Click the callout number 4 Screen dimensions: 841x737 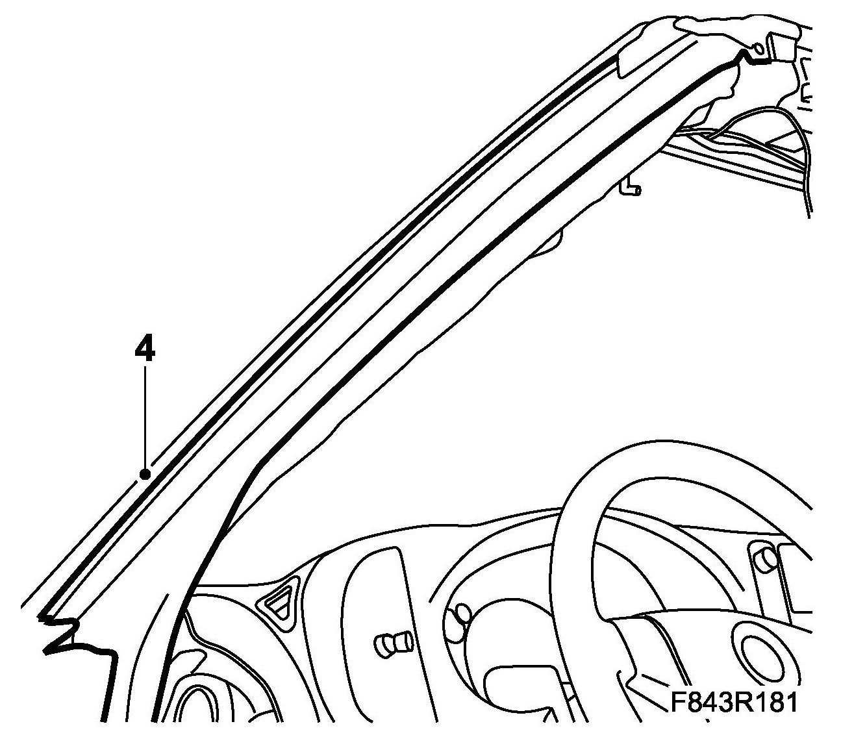tap(145, 351)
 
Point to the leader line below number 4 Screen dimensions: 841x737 tap(145, 416)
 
